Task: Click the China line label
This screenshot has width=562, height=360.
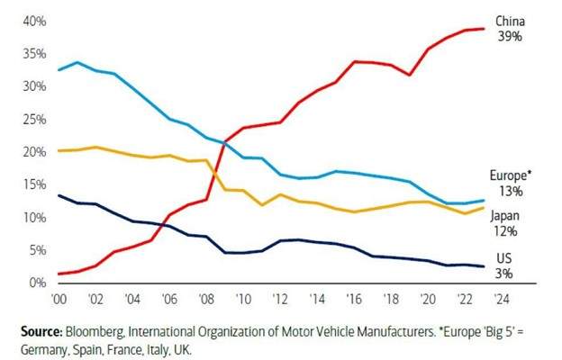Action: click(509, 21)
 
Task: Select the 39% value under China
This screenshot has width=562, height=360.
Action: click(509, 37)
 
